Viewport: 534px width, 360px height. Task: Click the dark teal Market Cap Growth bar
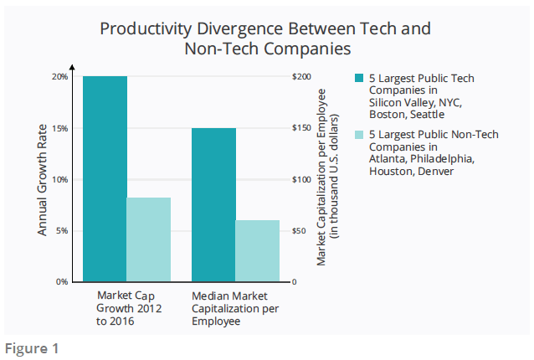point(105,179)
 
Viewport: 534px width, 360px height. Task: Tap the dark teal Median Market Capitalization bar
point(213,205)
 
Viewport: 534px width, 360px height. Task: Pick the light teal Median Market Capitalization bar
point(257,251)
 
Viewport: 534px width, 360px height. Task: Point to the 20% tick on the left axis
point(60,77)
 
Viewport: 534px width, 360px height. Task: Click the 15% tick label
point(60,128)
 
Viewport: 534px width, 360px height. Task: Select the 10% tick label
point(60,179)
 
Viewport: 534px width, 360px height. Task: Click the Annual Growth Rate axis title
point(43,179)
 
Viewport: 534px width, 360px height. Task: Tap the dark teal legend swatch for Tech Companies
point(359,78)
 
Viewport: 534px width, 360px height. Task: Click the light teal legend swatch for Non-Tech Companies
point(359,134)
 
